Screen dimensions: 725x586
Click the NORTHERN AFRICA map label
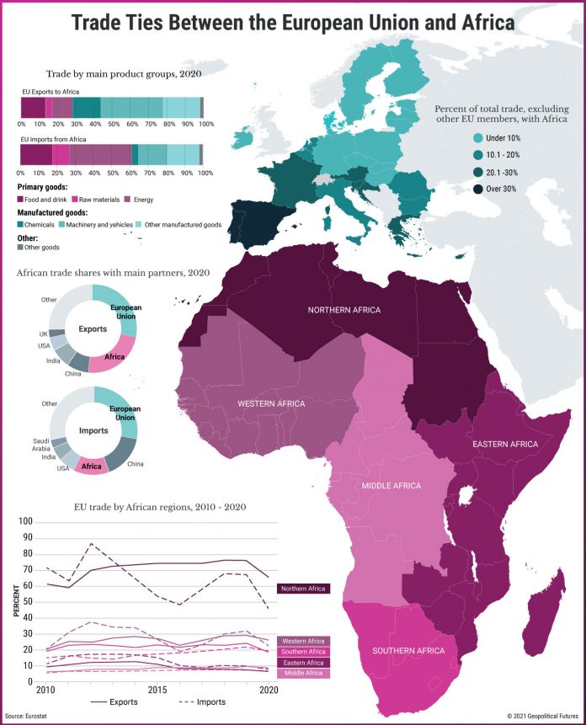(x=344, y=311)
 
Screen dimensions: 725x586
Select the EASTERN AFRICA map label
(x=505, y=444)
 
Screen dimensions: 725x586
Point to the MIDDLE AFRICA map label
(x=392, y=487)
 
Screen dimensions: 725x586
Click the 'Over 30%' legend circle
(x=478, y=189)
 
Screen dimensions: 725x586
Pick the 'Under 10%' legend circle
(x=478, y=138)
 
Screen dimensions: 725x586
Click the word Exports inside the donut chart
(x=93, y=329)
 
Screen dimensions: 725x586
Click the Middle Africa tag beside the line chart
(x=302, y=673)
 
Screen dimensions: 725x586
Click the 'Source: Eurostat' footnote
(x=26, y=715)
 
